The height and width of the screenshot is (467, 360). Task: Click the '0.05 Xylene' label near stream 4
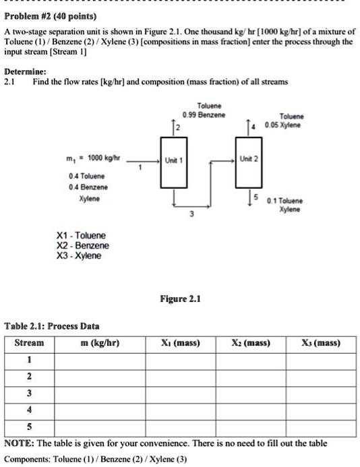tap(283, 125)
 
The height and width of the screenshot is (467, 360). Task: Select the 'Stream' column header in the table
tap(29, 343)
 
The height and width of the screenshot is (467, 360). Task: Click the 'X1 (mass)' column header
tap(179, 343)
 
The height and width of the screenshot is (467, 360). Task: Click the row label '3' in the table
tap(28, 392)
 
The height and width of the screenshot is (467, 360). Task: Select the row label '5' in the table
tap(28, 426)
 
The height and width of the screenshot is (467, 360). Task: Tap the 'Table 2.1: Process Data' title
tap(52, 325)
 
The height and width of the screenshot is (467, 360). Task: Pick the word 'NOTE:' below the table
tap(21, 443)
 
